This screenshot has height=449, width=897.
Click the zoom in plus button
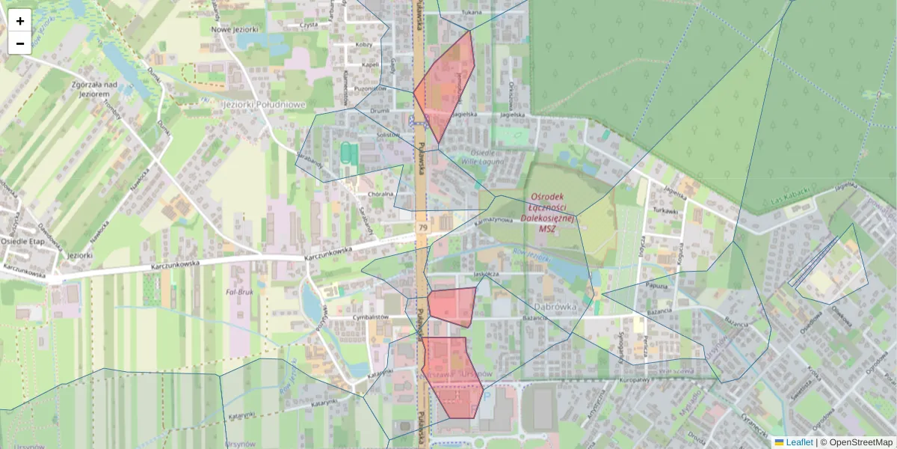(x=20, y=21)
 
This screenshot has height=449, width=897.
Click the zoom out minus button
(x=20, y=43)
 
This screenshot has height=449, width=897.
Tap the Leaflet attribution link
(x=799, y=442)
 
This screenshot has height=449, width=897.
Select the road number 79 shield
(x=423, y=227)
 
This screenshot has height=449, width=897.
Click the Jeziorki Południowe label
(x=264, y=105)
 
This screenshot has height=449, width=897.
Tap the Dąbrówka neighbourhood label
(x=556, y=306)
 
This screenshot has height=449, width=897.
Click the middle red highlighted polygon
(x=452, y=305)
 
